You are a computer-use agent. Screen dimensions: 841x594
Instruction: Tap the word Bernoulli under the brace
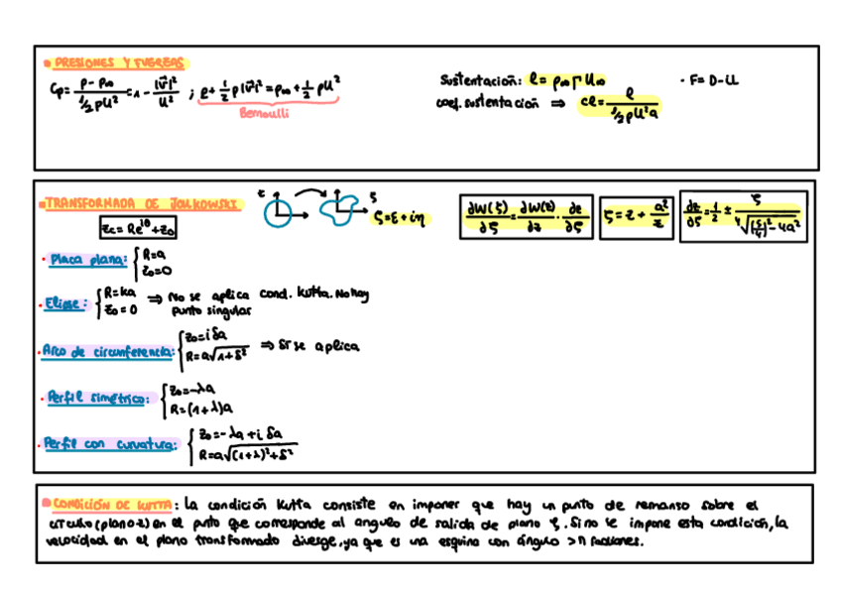(265, 113)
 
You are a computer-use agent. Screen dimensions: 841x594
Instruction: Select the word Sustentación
(478, 78)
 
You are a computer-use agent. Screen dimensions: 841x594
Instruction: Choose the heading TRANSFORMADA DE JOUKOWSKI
(140, 202)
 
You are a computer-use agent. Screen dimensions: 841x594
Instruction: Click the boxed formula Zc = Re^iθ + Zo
(139, 229)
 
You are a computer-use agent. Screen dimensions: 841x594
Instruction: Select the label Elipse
(65, 303)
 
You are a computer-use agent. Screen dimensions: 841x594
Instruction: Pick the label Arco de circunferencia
(107, 349)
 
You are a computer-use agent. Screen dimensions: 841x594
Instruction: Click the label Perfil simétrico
(100, 399)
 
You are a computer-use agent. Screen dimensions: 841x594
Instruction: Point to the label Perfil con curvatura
(108, 444)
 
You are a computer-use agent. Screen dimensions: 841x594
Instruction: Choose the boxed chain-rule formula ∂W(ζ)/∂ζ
(527, 216)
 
